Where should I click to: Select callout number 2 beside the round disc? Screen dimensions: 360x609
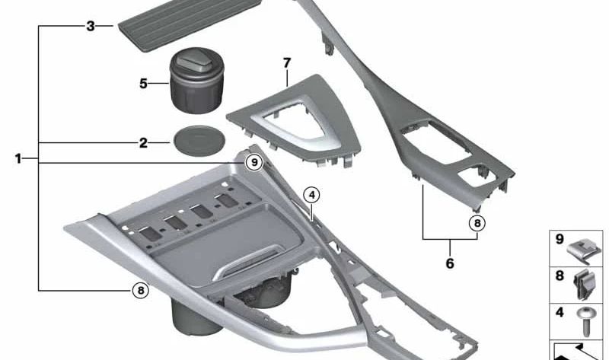tap(142, 142)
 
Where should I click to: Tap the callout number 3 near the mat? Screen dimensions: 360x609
tap(90, 26)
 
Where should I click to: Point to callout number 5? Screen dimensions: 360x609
tap(142, 83)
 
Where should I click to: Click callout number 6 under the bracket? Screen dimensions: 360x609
tap(449, 263)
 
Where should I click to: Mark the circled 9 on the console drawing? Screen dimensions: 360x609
tap(253, 161)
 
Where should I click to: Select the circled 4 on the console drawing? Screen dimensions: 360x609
tap(311, 195)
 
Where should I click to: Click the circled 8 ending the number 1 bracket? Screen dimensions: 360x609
tap(139, 289)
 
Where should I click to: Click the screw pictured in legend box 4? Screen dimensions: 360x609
tap(586, 321)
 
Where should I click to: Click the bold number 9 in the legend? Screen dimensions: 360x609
tap(560, 240)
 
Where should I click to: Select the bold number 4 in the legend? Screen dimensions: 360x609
tap(560, 311)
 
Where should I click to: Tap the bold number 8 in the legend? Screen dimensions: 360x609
tap(560, 276)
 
